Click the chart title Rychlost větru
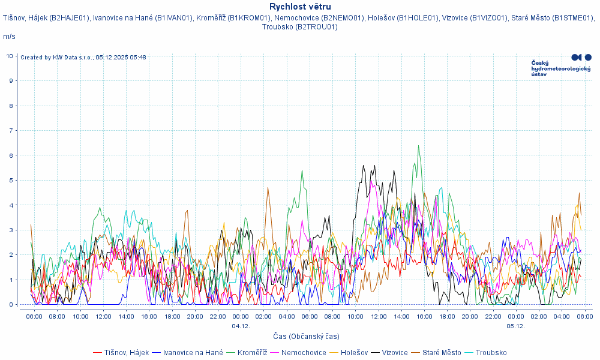pyautogui.click(x=300, y=7)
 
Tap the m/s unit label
pyautogui.click(x=9, y=37)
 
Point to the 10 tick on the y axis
pyautogui.click(x=10, y=56)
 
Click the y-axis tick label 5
pyautogui.click(x=10, y=180)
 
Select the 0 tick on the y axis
pyautogui.click(x=10, y=304)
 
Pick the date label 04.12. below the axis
pyautogui.click(x=241, y=326)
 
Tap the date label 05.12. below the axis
pyautogui.click(x=515, y=326)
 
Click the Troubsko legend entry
pyautogui.click(x=491, y=352)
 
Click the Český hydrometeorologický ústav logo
pyautogui.click(x=561, y=65)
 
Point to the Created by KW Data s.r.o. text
pyautogui.click(x=83, y=58)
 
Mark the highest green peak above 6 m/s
pyautogui.click(x=418, y=146)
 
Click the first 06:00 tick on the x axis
pyautogui.click(x=34, y=316)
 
